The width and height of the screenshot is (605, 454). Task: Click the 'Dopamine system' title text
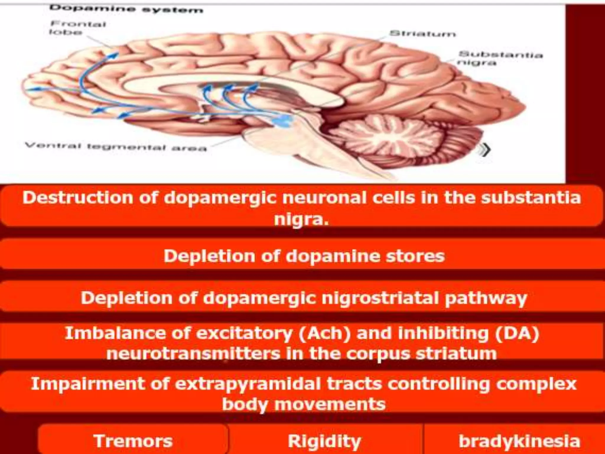pyautogui.click(x=126, y=9)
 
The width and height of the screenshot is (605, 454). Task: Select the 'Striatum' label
pyautogui.click(x=422, y=34)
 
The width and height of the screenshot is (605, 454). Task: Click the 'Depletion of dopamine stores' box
pyautogui.click(x=304, y=256)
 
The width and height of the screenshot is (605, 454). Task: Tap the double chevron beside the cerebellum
pyautogui.click(x=485, y=150)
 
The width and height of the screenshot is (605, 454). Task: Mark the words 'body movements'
pyautogui.click(x=304, y=404)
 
